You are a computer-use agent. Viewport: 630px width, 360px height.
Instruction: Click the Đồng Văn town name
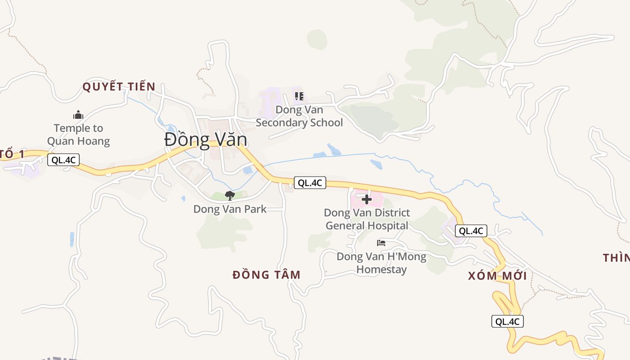tap(205, 140)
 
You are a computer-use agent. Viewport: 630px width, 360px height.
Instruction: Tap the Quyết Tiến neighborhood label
tap(119, 87)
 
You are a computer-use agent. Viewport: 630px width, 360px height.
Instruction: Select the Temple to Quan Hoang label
tap(78, 135)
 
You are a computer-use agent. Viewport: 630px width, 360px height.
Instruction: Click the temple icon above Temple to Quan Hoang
tap(78, 115)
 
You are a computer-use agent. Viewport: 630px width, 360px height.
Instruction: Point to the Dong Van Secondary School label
tap(299, 116)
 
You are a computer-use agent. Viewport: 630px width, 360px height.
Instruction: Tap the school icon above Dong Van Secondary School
tap(299, 96)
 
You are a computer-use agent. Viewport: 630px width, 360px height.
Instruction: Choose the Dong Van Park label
tap(230, 209)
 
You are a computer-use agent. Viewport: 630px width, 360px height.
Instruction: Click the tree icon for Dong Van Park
tap(230, 195)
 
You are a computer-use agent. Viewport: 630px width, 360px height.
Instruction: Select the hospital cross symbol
tap(367, 199)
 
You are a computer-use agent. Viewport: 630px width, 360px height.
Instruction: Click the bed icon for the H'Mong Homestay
tap(381, 243)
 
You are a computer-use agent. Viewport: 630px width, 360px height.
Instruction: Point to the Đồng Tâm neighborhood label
tap(266, 274)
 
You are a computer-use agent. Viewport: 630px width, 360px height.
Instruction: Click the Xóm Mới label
tap(497, 276)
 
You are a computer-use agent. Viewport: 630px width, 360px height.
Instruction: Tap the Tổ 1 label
tap(12, 154)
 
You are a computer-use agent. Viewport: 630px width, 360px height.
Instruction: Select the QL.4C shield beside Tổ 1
tap(63, 160)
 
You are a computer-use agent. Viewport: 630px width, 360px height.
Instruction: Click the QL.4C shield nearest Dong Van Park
tap(310, 183)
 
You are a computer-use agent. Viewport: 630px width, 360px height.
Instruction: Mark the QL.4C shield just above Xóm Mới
tap(471, 231)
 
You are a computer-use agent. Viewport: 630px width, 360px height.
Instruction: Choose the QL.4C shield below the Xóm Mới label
tap(508, 321)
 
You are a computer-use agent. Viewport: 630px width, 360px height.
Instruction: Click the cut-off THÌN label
tap(616, 258)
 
